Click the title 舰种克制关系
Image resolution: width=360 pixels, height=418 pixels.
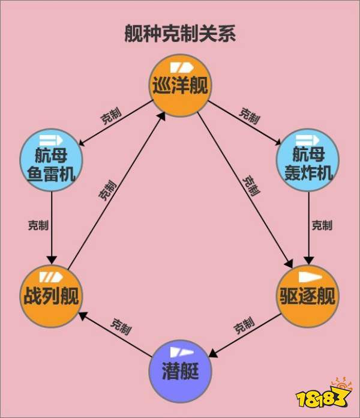tap(179, 33)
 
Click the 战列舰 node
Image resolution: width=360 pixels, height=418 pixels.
tap(51, 294)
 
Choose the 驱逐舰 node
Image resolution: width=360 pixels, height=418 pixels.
tap(308, 294)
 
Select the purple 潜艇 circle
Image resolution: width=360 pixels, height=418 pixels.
tap(179, 371)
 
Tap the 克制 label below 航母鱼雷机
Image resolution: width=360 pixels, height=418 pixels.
tap(38, 225)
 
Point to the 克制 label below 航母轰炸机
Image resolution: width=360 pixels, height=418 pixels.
tap(322, 225)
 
